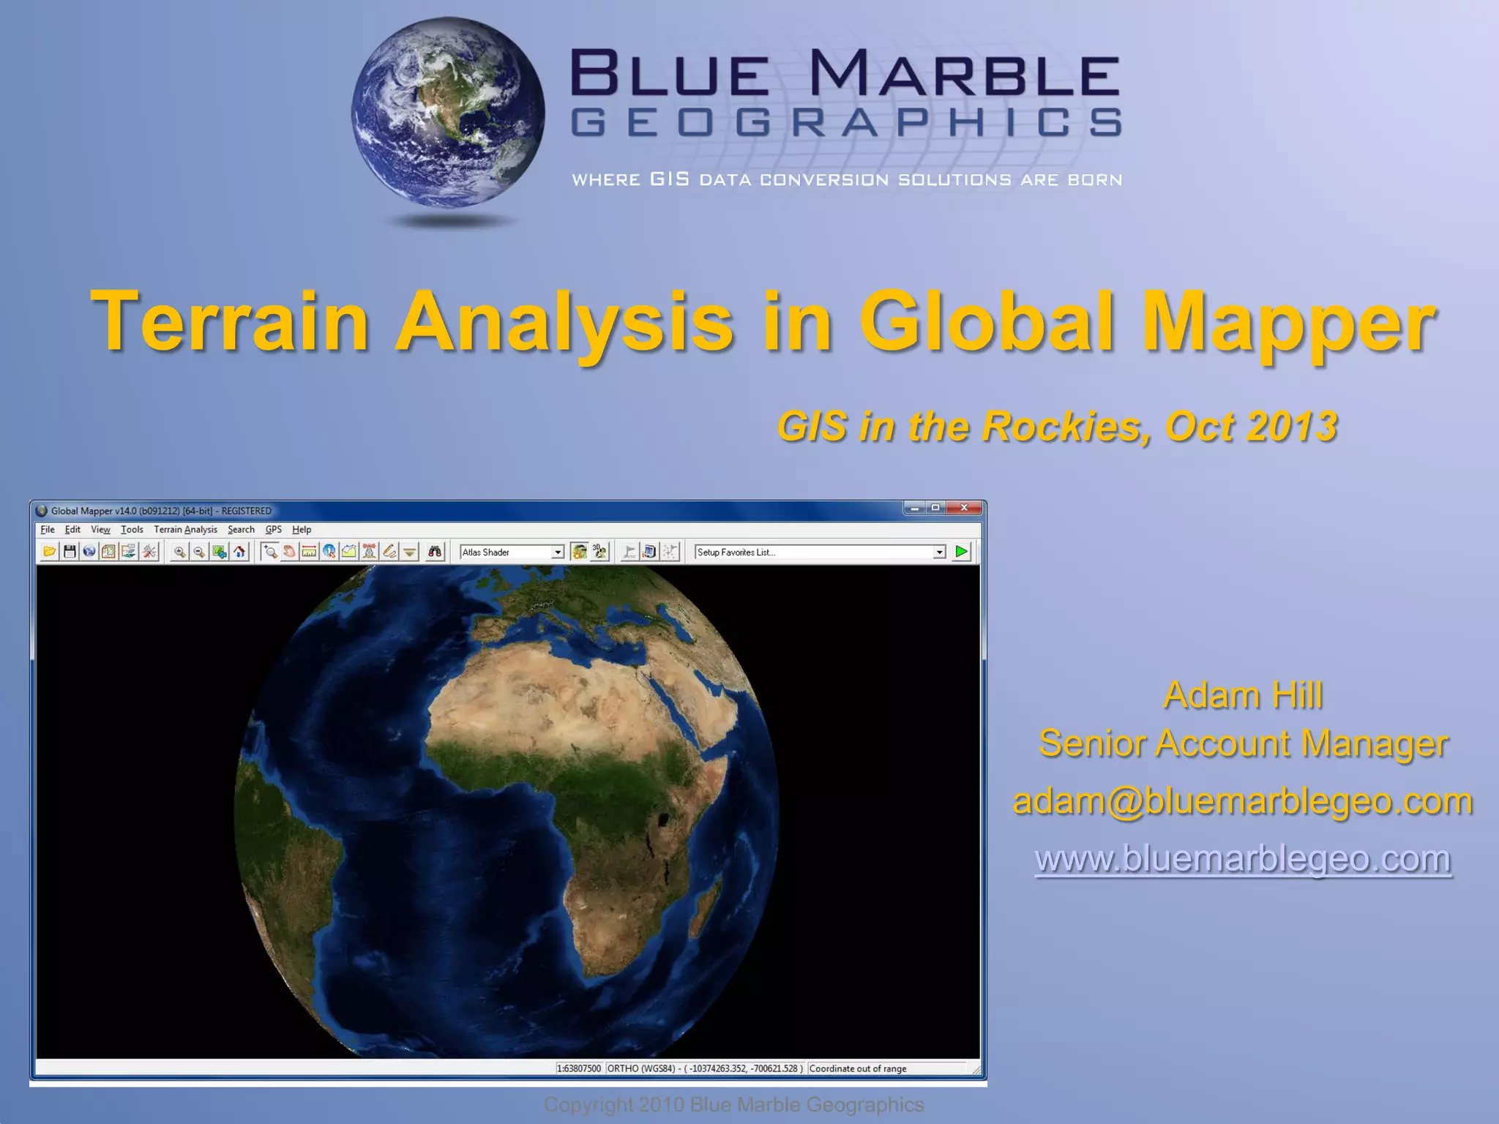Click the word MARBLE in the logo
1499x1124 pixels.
click(965, 74)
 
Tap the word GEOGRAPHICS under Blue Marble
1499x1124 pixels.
click(845, 123)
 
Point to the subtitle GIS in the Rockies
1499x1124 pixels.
click(1057, 427)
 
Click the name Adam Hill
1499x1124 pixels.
click(1243, 694)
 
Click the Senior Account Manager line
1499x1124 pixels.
click(1243, 743)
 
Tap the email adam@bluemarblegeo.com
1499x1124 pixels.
click(1243, 801)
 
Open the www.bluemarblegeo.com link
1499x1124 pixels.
click(1243, 858)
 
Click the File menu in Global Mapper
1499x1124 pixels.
click(48, 529)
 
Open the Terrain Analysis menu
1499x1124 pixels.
click(185, 529)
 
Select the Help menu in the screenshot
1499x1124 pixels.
click(302, 529)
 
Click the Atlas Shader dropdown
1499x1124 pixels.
click(512, 552)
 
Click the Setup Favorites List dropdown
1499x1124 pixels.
click(820, 552)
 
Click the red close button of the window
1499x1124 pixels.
click(964, 508)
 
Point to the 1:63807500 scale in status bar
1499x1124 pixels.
click(579, 1068)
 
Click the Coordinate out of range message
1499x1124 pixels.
click(858, 1068)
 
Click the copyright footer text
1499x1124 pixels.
click(733, 1104)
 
